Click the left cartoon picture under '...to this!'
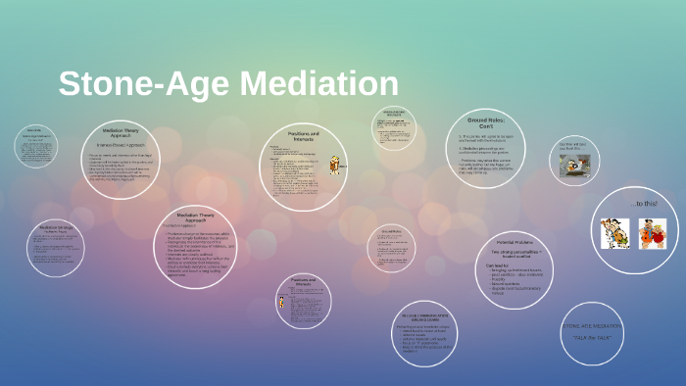[614, 233]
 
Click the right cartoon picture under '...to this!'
[654, 233]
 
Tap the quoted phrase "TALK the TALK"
[593, 336]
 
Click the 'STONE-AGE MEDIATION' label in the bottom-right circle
[592, 324]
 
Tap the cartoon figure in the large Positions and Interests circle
[335, 164]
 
